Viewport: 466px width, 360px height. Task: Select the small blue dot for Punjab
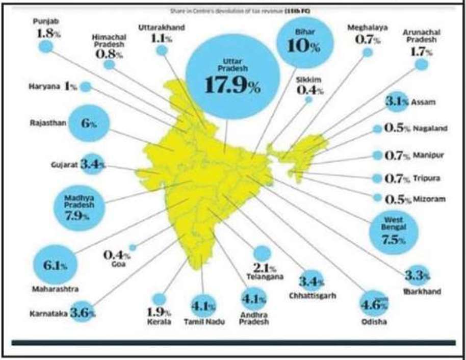[45, 46]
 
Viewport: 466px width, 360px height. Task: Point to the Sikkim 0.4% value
[310, 90]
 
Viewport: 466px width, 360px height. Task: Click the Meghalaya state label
[365, 28]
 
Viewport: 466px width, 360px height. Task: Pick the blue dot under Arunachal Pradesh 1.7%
[421, 64]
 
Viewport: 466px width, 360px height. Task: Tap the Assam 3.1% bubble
[397, 102]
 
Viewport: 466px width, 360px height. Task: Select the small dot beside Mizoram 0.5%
[377, 197]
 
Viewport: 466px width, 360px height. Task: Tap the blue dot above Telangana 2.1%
[262, 253]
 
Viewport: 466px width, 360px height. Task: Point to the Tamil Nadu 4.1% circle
[203, 306]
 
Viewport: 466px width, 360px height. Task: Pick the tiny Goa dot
[133, 247]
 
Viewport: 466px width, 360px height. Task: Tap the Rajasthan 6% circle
[88, 123]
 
